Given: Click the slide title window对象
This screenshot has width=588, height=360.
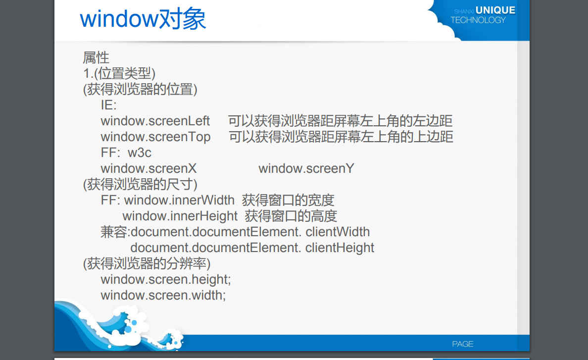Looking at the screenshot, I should pyautogui.click(x=143, y=20).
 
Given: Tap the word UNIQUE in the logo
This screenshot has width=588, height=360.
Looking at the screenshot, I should pyautogui.click(x=495, y=10).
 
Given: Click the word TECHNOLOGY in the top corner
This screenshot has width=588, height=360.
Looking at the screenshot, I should pyautogui.click(x=478, y=20).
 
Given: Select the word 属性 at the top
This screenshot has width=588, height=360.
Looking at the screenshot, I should pyautogui.click(x=96, y=58).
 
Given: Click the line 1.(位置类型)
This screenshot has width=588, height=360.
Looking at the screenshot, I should pyautogui.click(x=119, y=74).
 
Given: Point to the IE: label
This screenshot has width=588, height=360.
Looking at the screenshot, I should pyautogui.click(x=108, y=105).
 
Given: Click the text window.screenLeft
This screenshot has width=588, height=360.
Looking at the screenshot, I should pyautogui.click(x=155, y=121).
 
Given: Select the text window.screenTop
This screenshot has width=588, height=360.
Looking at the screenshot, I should pyautogui.click(x=155, y=137).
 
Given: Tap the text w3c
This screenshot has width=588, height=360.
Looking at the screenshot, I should pyautogui.click(x=140, y=153).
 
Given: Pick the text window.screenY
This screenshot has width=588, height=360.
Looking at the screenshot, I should pyautogui.click(x=306, y=169).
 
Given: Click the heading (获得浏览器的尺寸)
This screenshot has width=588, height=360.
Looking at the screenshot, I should pyautogui.click(x=140, y=185).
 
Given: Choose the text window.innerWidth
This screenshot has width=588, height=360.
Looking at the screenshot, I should pyautogui.click(x=179, y=201).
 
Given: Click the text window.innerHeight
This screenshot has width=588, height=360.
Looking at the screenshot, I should pyautogui.click(x=180, y=216).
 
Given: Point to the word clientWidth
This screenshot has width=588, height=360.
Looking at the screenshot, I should pyautogui.click(x=338, y=232).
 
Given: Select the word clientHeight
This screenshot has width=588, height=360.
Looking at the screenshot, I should pyautogui.click(x=340, y=248).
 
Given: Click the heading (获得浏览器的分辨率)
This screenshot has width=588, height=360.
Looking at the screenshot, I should pyautogui.click(x=147, y=263).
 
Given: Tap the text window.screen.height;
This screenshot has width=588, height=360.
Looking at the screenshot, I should pyautogui.click(x=166, y=280).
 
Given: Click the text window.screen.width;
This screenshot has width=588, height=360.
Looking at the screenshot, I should pyautogui.click(x=163, y=296).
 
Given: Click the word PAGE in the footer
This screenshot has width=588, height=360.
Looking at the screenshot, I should pyautogui.click(x=463, y=344).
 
